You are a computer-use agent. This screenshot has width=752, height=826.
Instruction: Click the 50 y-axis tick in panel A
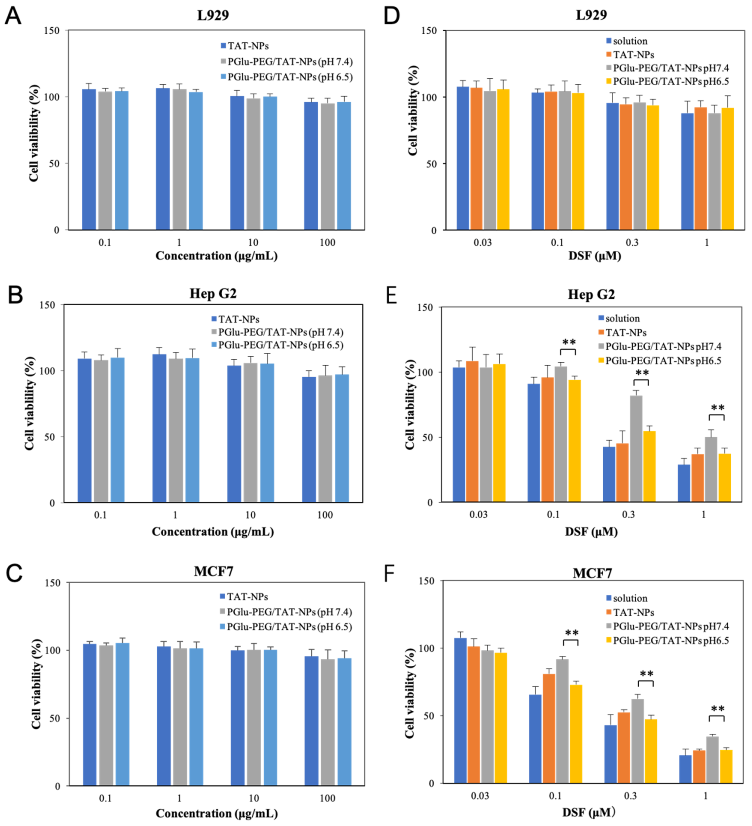(x=52, y=163)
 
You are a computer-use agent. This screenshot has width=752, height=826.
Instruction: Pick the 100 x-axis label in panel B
(x=325, y=515)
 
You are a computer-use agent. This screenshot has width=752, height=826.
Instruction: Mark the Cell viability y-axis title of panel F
(x=410, y=693)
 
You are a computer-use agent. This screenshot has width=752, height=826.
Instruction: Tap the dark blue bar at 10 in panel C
(x=237, y=718)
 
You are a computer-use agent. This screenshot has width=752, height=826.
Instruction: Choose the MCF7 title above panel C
(x=213, y=571)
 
